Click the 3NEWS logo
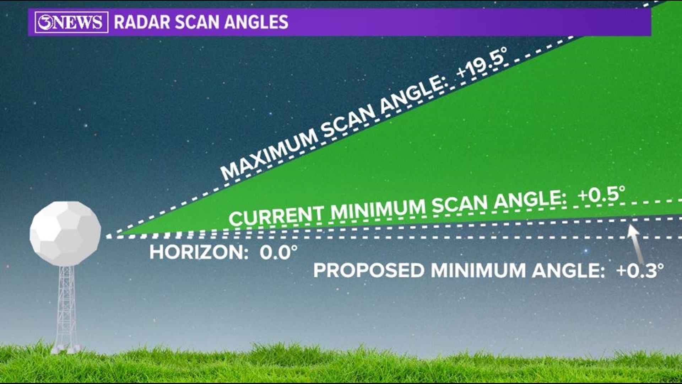coord(71,22)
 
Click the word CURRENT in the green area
coord(276,215)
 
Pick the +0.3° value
coord(640,271)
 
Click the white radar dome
coord(65,233)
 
